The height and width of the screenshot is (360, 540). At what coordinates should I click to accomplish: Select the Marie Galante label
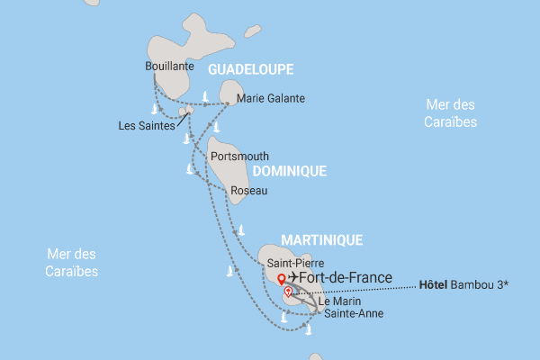click(270, 98)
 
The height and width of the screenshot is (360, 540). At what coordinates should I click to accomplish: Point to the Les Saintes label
click(146, 125)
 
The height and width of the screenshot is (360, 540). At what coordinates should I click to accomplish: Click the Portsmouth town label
click(238, 156)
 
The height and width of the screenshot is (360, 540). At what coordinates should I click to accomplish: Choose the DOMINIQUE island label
click(288, 170)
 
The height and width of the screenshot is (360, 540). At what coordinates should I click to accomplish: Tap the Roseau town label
click(249, 191)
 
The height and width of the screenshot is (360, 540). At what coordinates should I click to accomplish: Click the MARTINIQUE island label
click(322, 239)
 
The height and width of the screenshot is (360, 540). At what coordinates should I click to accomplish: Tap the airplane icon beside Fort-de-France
click(294, 278)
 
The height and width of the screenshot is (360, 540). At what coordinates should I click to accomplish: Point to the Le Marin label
click(336, 301)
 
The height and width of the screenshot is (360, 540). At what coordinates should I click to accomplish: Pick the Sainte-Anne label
click(353, 314)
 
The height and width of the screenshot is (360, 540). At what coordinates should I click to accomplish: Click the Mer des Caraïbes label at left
click(73, 262)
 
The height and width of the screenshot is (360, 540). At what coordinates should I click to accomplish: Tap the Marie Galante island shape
click(230, 91)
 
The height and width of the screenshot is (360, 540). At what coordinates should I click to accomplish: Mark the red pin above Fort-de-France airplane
click(281, 278)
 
